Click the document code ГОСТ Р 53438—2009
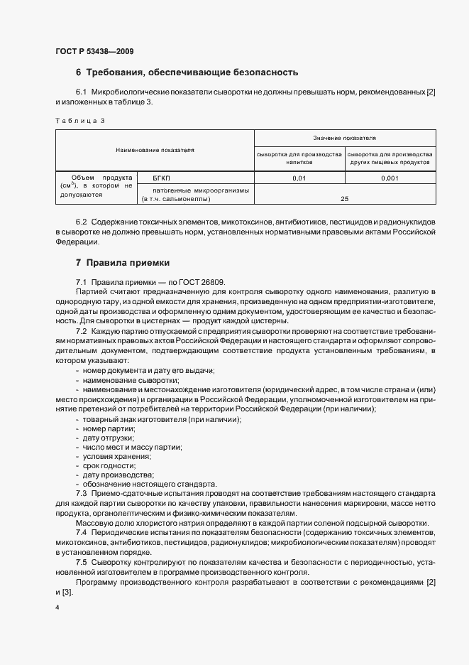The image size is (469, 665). pos(94,51)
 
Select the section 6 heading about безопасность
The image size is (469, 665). pos(187,72)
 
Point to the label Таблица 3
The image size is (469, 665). pos(79,120)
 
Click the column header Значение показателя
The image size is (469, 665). pos(344,137)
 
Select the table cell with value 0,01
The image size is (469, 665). pos(299,178)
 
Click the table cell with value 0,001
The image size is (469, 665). pos(390,178)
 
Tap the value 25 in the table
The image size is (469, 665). pos(344,198)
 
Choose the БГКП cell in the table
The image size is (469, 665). pos(153,178)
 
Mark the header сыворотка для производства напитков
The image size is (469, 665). pos(299,158)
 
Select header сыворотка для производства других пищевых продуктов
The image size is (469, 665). pos(390,158)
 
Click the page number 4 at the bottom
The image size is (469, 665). pos(57,608)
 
